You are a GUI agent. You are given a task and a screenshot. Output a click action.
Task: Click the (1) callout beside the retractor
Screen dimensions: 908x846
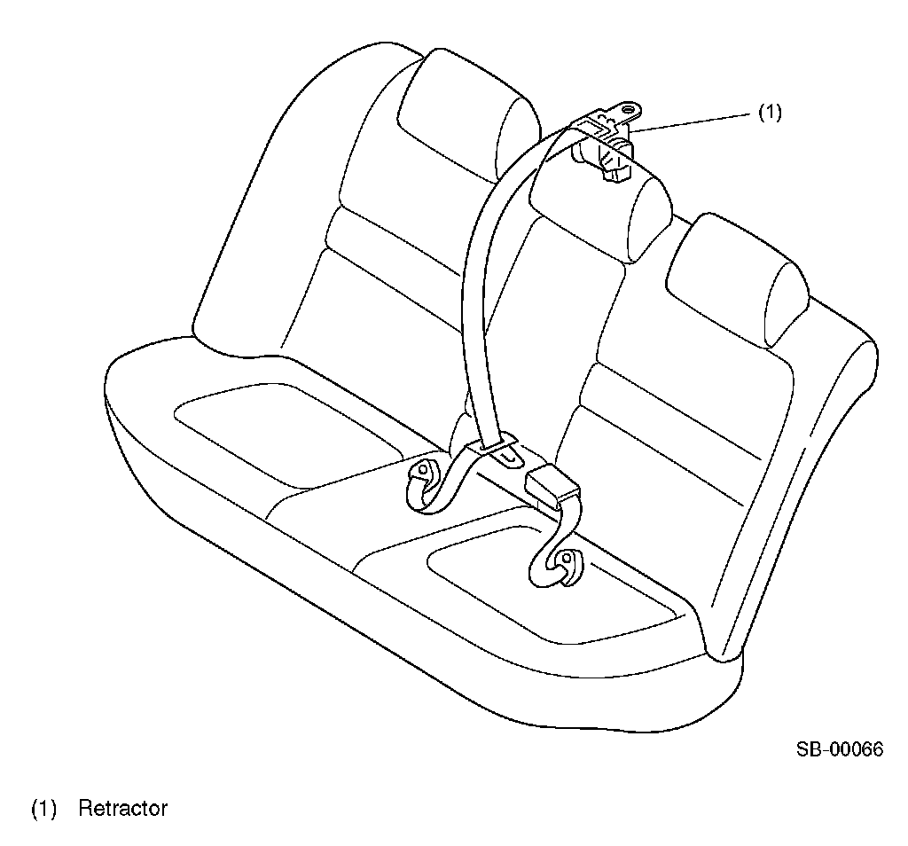click(770, 113)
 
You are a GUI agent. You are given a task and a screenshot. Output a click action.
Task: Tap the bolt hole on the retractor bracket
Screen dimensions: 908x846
click(630, 110)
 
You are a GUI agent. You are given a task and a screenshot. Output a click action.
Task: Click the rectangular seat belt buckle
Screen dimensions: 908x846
click(552, 488)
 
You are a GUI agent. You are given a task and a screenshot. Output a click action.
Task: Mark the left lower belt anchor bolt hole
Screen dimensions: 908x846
click(423, 469)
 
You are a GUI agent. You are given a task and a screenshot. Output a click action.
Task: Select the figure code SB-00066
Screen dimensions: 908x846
click(839, 749)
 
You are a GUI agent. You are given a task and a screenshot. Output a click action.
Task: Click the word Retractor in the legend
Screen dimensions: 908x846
click(122, 809)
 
